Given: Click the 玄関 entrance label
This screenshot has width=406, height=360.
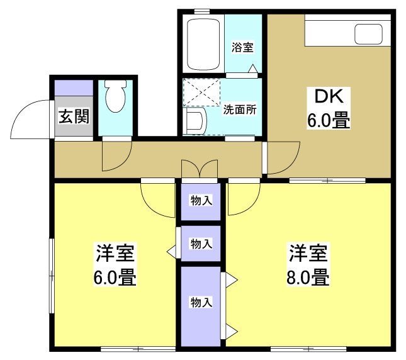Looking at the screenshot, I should [74, 116].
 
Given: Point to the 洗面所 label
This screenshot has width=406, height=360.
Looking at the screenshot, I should [240, 109].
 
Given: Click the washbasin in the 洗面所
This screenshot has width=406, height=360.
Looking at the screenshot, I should [195, 121].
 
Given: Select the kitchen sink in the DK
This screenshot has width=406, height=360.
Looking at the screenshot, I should [368, 34].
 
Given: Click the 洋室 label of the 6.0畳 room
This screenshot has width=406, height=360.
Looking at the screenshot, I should [115, 254].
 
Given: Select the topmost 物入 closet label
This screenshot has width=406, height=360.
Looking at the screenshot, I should [201, 201].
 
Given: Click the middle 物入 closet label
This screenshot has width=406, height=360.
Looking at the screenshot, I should [201, 244].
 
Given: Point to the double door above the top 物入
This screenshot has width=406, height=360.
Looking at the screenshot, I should [200, 169].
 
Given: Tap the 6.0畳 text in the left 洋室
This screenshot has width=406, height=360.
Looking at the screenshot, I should [115, 276].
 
